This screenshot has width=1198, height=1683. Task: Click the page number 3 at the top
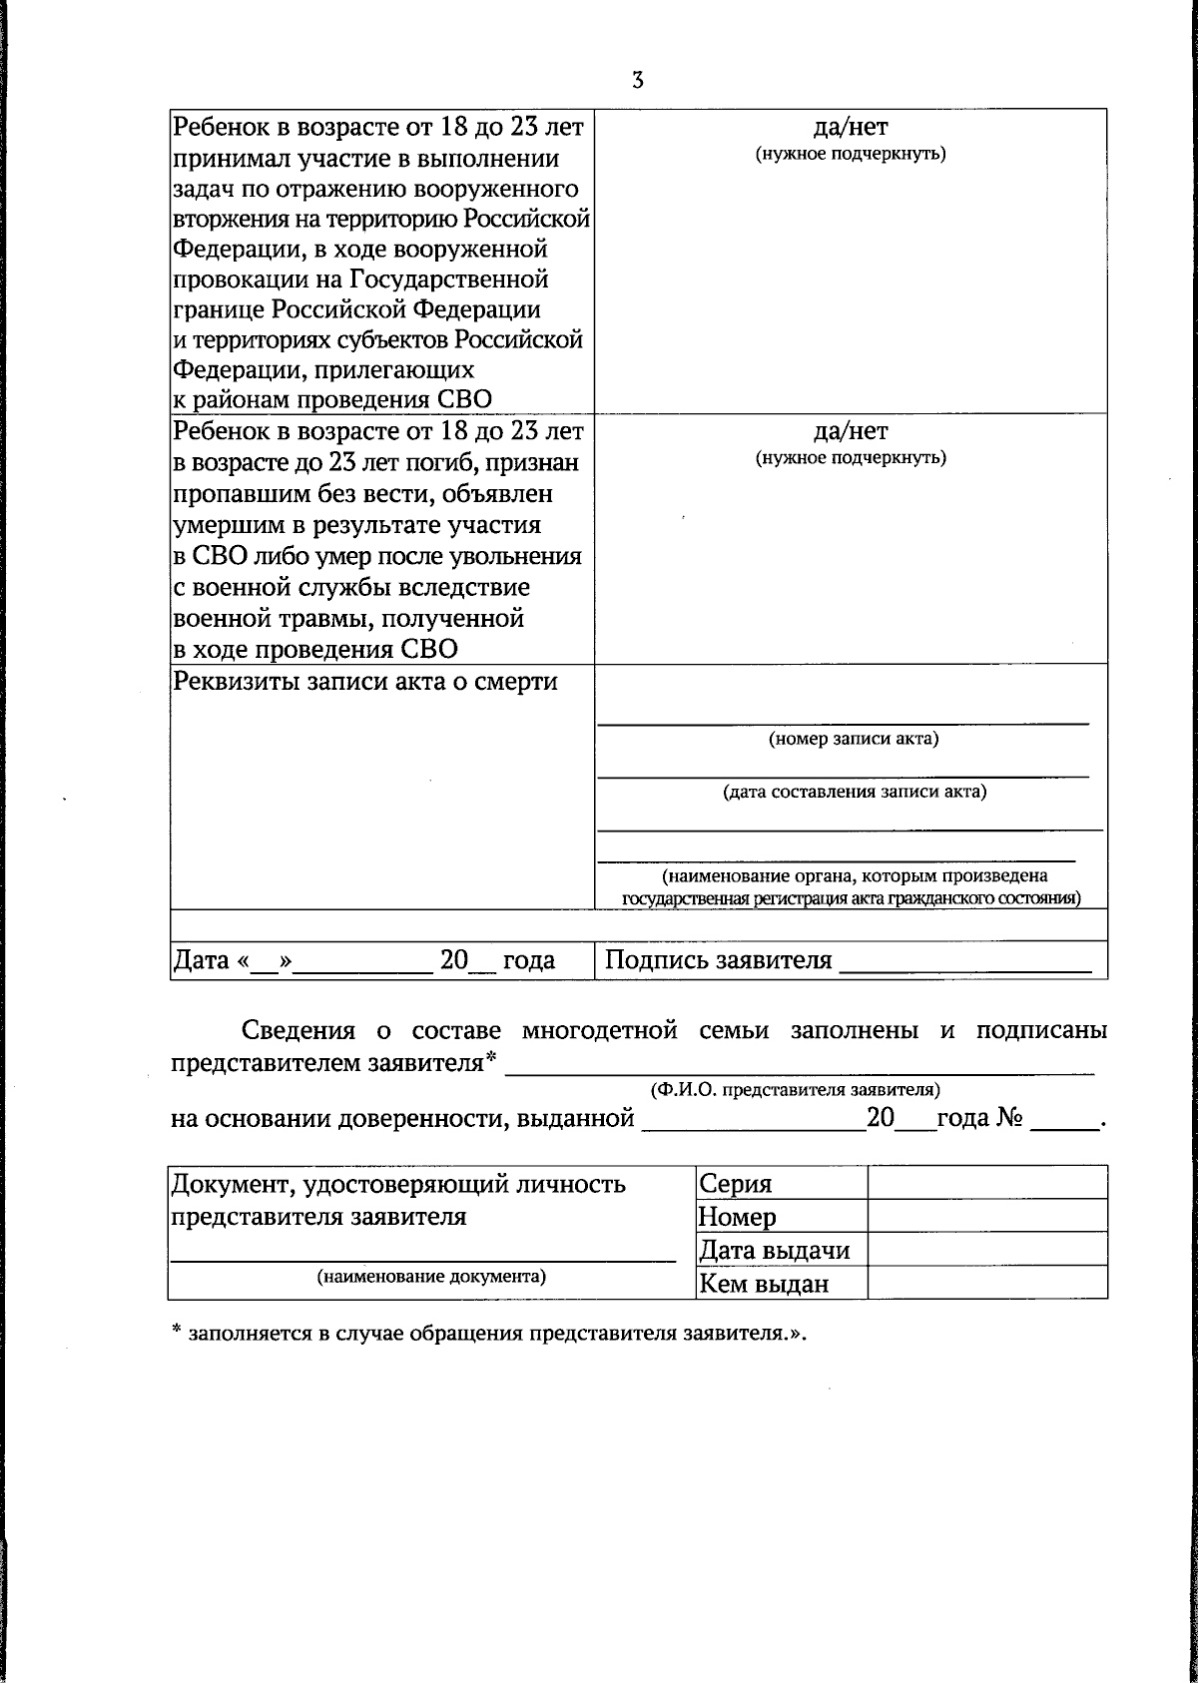(637, 81)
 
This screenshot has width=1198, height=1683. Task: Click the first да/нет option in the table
(850, 128)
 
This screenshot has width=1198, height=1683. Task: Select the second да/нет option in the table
(850, 432)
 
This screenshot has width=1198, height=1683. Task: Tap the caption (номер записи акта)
(853, 739)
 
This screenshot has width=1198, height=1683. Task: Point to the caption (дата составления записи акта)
(855, 792)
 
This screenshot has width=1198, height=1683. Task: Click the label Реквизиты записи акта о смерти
(365, 682)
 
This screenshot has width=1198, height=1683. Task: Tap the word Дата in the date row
(202, 960)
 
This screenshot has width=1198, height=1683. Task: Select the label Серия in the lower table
(736, 1184)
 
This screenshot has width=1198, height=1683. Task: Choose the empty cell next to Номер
(986, 1216)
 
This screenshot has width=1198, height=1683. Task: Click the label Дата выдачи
(774, 1250)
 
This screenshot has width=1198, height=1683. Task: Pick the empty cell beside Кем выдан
(986, 1283)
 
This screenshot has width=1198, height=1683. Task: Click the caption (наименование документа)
(431, 1276)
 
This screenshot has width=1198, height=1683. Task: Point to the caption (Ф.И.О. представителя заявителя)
(795, 1090)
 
